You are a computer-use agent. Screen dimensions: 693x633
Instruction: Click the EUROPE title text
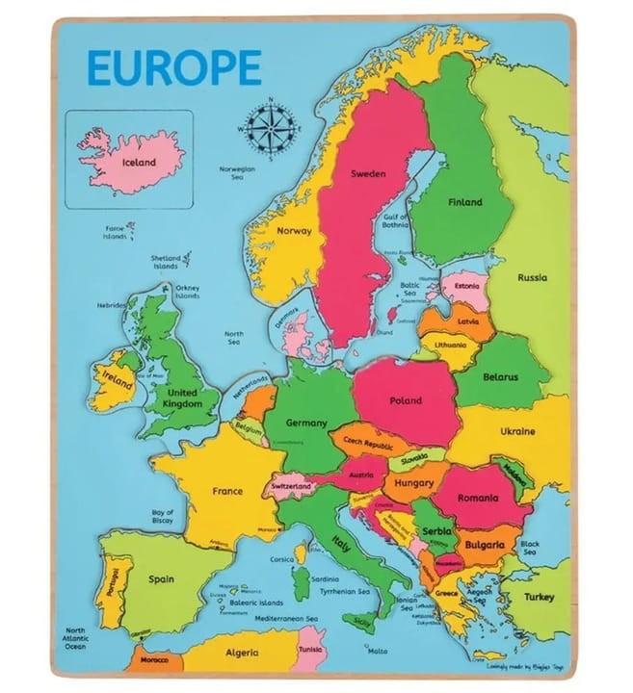coord(174,67)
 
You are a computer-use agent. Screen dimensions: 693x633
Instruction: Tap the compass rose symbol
coord(271,129)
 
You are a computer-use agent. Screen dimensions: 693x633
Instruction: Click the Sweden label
coord(367,174)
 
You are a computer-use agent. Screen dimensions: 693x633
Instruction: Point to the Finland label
coord(464,202)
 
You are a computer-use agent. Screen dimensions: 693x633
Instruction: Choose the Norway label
coord(294,231)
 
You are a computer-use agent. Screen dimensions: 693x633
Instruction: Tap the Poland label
coord(406,400)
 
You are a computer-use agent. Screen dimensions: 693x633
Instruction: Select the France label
coord(227,491)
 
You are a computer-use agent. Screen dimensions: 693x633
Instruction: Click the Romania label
coord(478,498)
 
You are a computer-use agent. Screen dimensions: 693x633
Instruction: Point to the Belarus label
coord(502,377)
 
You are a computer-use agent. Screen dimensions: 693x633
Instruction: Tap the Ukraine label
coord(517,431)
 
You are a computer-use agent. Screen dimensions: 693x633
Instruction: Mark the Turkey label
coord(539,597)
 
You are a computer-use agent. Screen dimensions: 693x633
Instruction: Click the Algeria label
coord(242,653)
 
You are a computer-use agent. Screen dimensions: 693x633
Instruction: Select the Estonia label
coord(466,286)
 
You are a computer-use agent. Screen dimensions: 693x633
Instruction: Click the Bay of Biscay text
coord(162,518)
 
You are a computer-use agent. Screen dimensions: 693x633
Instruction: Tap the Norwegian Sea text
coord(236,173)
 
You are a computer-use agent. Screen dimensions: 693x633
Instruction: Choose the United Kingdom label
coord(183,398)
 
